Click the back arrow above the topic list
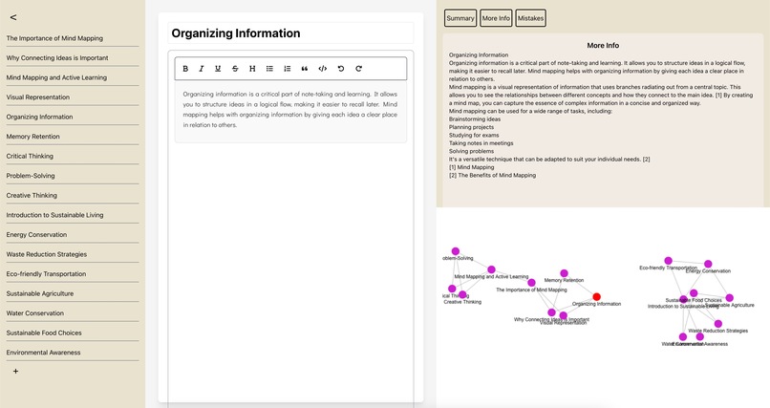12,17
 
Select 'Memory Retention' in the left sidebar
32,137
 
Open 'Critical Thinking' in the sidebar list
30,156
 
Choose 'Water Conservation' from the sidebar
35,312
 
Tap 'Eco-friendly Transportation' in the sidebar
46,273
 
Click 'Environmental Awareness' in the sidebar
43,352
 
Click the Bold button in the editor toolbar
185,69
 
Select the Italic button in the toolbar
202,69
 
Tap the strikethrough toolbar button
235,69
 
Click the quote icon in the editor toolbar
305,69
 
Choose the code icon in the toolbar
322,69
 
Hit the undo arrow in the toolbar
341,69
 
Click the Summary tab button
460,18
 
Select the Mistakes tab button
531,18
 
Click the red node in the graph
597,297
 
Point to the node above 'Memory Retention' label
564,273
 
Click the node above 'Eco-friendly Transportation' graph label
669,261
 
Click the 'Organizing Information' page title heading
236,32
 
